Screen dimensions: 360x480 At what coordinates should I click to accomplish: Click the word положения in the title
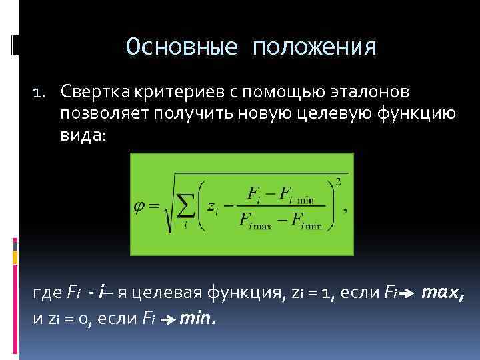pyautogui.click(x=314, y=48)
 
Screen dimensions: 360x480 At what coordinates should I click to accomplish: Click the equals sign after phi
pyautogui.click(x=154, y=205)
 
